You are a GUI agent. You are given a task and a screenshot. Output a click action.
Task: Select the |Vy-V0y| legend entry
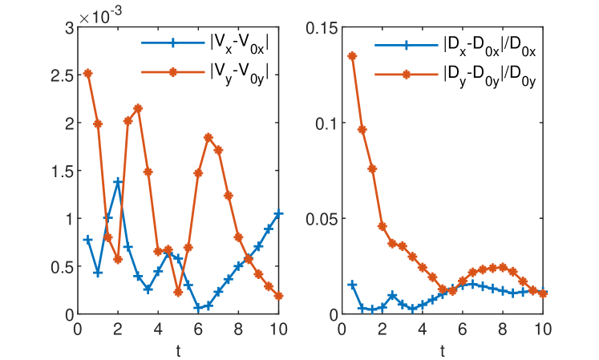237,72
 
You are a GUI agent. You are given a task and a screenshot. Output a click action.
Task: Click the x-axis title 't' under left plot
177,350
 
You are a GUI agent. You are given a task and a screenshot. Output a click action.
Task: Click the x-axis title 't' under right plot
443,350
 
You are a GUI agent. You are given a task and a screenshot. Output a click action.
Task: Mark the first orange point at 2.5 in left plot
87,73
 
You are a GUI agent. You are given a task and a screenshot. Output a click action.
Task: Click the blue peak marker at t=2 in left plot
118,182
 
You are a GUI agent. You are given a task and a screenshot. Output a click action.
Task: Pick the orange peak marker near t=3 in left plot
138,108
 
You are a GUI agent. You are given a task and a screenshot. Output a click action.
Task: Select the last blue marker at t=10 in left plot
278,214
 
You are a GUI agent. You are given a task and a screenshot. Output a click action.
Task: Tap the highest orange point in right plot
352,56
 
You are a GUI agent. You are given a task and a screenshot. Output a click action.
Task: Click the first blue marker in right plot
352,285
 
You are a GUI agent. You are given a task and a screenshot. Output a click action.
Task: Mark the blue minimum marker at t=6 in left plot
198,307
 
